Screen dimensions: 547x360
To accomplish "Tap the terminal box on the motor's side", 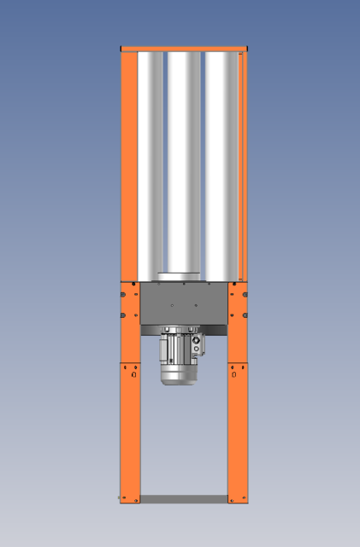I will click(198, 345).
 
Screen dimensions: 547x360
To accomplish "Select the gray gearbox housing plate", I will click(184, 303).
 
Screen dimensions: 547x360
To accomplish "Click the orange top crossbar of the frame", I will click(184, 49).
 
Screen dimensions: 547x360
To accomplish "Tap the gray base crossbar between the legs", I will click(184, 498).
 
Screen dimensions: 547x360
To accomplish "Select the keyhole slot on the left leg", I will click(133, 373).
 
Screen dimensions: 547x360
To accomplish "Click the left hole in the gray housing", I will click(172, 304).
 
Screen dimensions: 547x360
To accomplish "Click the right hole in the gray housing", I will click(196, 304).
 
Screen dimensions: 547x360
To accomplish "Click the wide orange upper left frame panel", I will click(129, 162).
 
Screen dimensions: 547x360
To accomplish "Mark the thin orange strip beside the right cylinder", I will click(243, 162).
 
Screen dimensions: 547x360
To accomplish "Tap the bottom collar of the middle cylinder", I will click(180, 275).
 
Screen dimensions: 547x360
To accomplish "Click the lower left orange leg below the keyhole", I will click(129, 436).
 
